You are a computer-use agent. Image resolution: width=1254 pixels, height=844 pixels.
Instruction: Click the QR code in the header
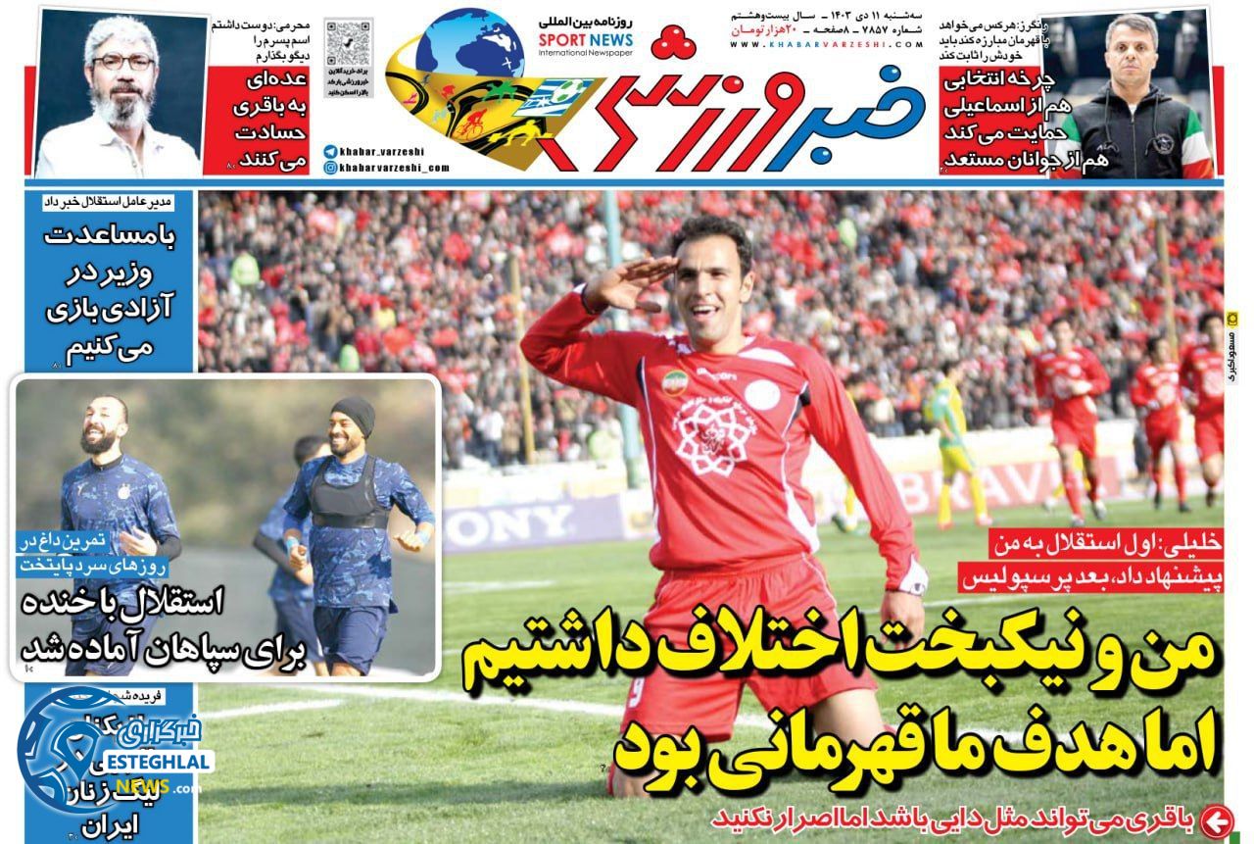(x=349, y=42)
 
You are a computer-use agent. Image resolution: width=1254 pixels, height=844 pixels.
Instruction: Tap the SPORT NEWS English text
(x=585, y=40)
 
